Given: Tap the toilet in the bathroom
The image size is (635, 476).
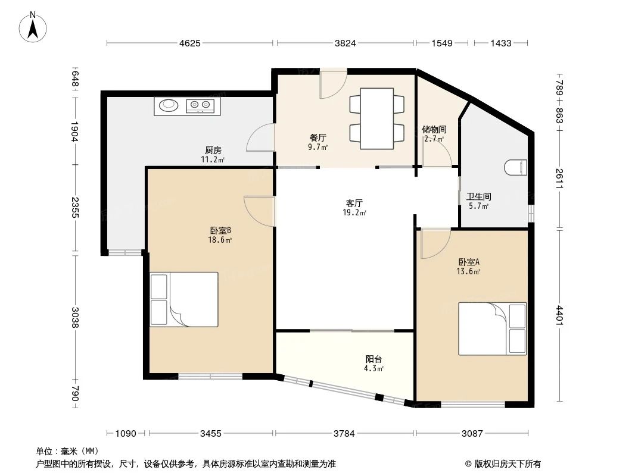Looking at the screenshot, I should tap(516, 168).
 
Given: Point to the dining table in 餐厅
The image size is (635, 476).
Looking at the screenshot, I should tap(376, 118).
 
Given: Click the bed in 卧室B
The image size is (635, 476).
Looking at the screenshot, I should tap(184, 299).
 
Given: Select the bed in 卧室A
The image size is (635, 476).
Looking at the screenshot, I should tap(492, 328).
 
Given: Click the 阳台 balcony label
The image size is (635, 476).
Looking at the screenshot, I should tap(373, 359).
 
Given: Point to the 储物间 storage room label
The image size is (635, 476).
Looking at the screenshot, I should tap(434, 129).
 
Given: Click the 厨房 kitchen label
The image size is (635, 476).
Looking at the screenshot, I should tap(213, 150).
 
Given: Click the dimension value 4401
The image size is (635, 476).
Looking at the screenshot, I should tap(559, 315).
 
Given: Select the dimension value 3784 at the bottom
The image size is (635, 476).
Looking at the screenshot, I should tap(344, 433).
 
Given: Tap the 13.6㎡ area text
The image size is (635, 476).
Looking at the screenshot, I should tap(469, 271).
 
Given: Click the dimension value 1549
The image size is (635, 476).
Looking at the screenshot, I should tap(442, 43).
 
